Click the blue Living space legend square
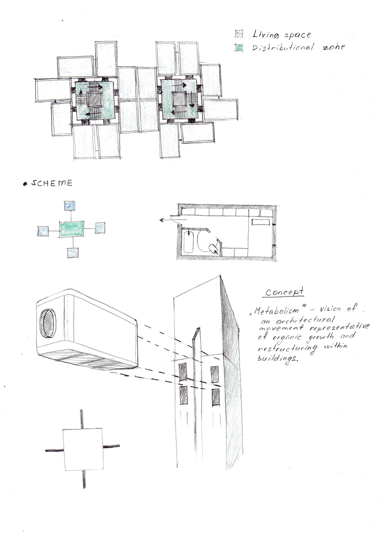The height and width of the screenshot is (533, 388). pyautogui.click(x=239, y=34)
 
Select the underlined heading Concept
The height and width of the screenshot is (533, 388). pyautogui.click(x=285, y=291)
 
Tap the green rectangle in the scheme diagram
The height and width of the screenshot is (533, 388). pyautogui.click(x=72, y=229)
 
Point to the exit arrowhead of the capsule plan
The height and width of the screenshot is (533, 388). pyautogui.click(x=161, y=220)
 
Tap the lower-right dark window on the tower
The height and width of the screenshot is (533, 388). pyautogui.click(x=216, y=396)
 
